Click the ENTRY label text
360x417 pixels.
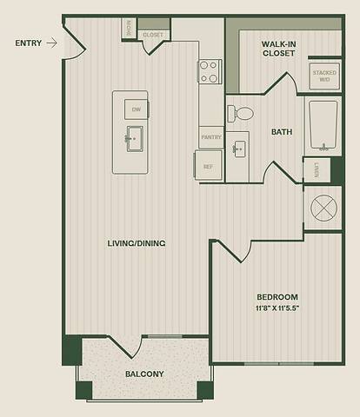[29, 42]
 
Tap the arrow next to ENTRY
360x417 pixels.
[52, 42]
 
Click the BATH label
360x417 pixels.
[281, 133]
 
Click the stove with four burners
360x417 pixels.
[210, 71]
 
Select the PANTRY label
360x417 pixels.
[210, 137]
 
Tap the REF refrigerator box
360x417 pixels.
[209, 166]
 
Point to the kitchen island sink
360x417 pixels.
[134, 138]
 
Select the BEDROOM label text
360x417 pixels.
[278, 296]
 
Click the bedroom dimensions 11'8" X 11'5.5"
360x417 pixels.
[278, 308]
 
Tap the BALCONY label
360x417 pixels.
[144, 374]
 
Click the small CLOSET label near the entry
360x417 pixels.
[153, 35]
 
